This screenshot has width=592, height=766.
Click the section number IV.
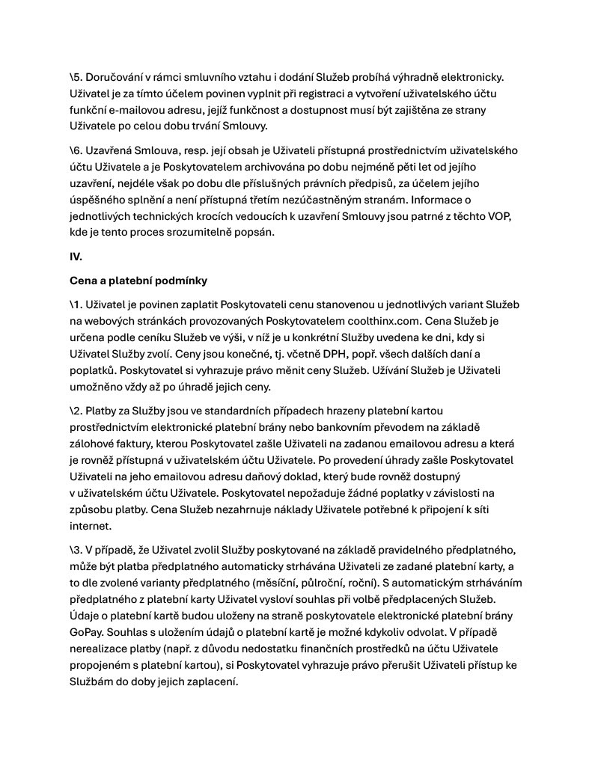click(x=76, y=256)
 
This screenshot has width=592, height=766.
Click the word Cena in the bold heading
click(x=85, y=281)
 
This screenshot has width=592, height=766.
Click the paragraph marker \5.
click(x=76, y=77)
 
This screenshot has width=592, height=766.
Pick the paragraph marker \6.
click(x=76, y=150)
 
